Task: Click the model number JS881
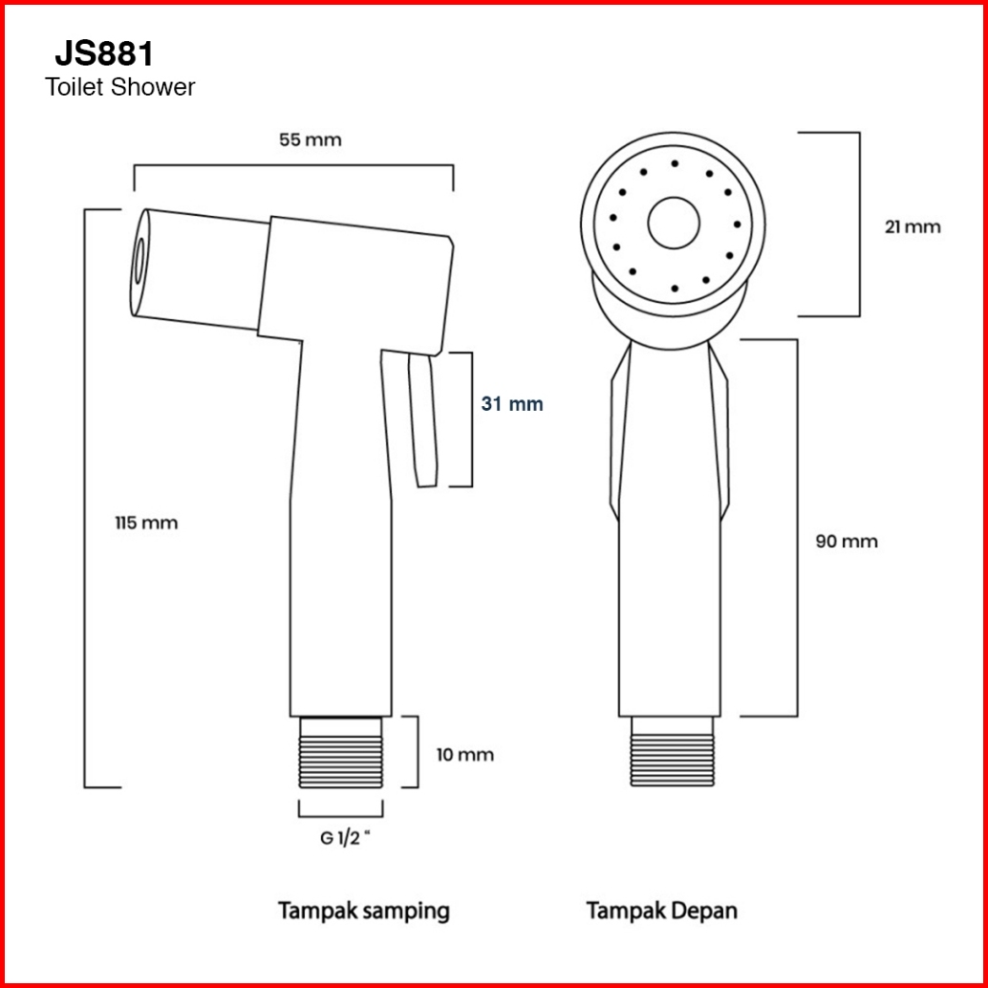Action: (x=104, y=54)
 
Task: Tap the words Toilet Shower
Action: (x=119, y=87)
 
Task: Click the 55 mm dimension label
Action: (x=310, y=140)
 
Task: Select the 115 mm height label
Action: (x=146, y=523)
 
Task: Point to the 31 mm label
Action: (x=511, y=404)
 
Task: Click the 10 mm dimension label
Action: (x=465, y=754)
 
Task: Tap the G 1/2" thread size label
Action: (x=345, y=839)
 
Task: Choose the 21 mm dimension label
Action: (x=913, y=226)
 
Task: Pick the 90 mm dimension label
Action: (x=847, y=541)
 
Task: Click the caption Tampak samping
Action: (x=364, y=912)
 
